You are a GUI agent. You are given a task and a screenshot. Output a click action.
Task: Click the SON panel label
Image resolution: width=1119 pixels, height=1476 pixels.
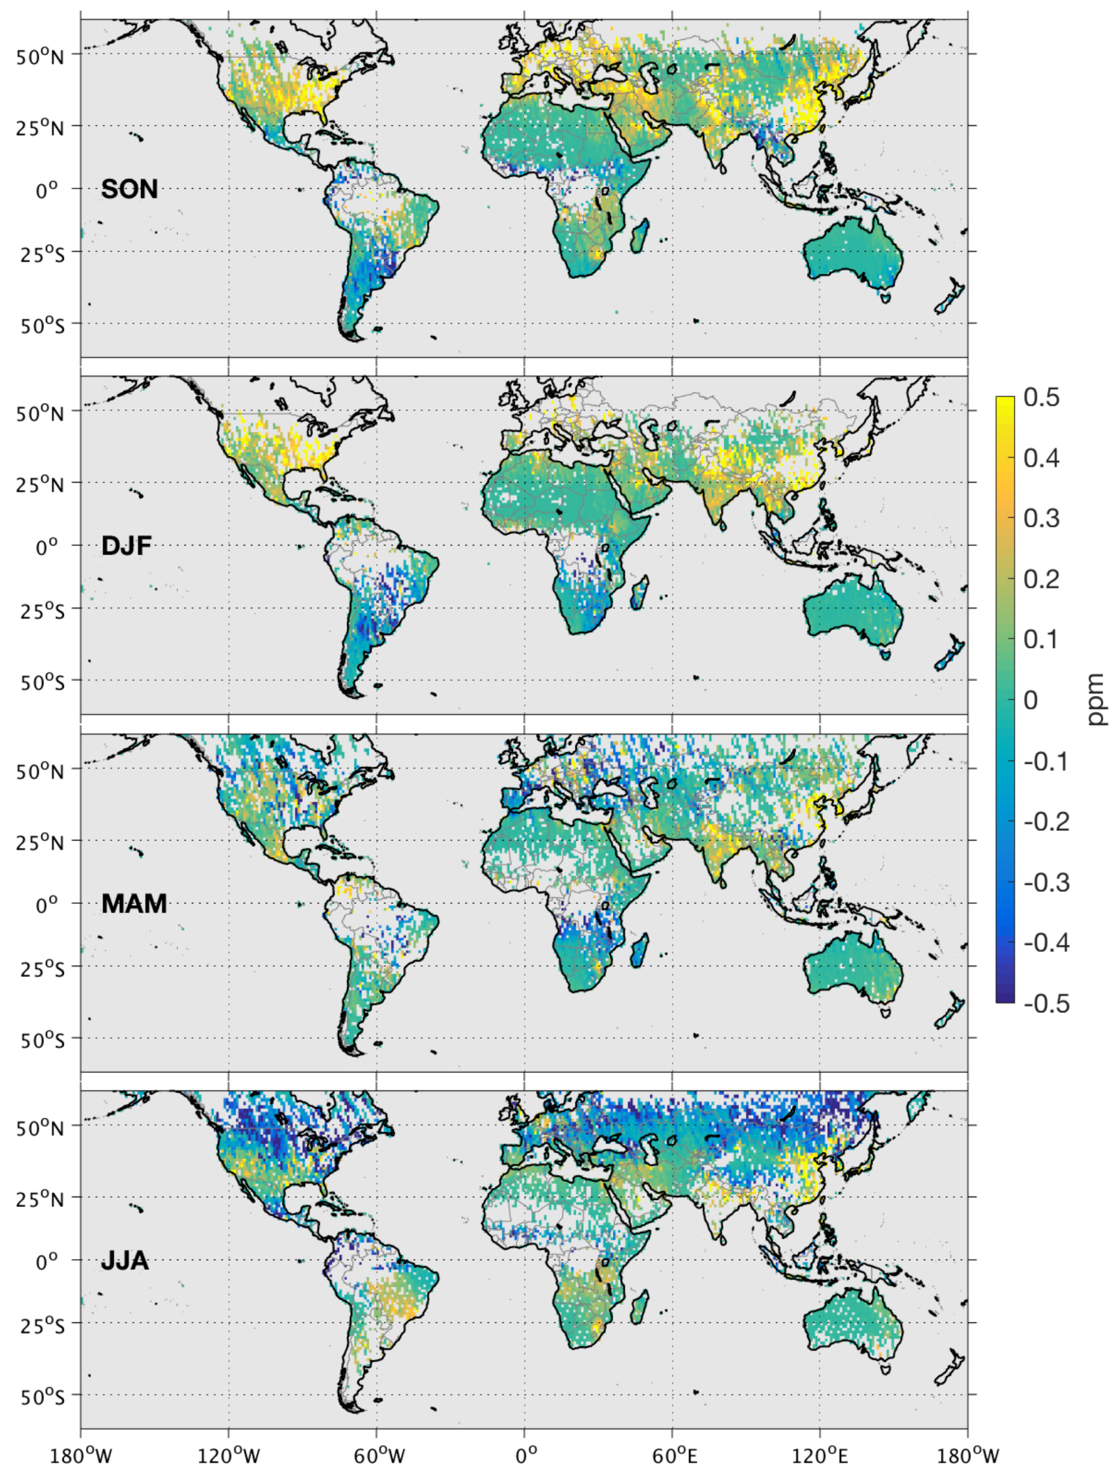pyautogui.click(x=129, y=189)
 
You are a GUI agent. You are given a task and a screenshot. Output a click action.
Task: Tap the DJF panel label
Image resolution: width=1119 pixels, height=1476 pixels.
pyautogui.click(x=126, y=547)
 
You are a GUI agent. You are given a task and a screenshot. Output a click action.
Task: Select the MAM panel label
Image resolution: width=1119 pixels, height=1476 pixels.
pyautogui.click(x=134, y=904)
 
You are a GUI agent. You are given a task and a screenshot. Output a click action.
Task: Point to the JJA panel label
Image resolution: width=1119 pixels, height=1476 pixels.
pyautogui.click(x=125, y=1261)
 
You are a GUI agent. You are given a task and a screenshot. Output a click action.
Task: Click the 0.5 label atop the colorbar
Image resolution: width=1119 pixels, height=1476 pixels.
pyautogui.click(x=1041, y=398)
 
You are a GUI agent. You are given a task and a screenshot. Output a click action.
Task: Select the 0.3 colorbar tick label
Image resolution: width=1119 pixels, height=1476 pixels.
pyautogui.click(x=1041, y=518)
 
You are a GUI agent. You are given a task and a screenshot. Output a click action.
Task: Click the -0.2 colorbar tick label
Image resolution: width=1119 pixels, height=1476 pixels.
pyautogui.click(x=1046, y=822)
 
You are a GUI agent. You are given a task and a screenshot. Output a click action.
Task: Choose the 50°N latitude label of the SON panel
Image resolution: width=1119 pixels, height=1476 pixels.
pyautogui.click(x=40, y=55)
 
